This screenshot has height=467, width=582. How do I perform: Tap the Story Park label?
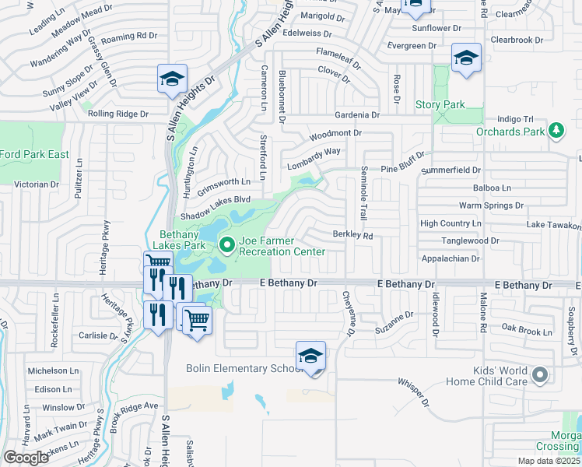pyautogui.click(x=440, y=105)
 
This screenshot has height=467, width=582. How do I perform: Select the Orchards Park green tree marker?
pyautogui.click(x=556, y=130)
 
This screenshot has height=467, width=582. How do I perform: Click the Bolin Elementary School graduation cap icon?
pyautogui.click(x=310, y=356)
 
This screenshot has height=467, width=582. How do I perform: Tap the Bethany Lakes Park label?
pyautogui.click(x=183, y=239)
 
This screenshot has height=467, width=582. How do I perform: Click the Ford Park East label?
pyautogui.click(x=34, y=154)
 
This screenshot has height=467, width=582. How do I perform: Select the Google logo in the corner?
pyautogui.click(x=26, y=458)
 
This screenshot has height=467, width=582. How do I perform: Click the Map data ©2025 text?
pyautogui.click(x=548, y=461)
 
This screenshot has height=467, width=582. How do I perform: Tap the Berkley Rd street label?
pyautogui.click(x=353, y=234)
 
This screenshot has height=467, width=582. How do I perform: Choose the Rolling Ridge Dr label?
pyautogui.click(x=117, y=114)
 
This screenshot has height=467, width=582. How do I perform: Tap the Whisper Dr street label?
pyautogui.click(x=413, y=392)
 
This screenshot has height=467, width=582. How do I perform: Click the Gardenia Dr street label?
pyautogui.click(x=357, y=115)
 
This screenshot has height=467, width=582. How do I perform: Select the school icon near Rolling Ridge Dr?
pyautogui.click(x=172, y=79)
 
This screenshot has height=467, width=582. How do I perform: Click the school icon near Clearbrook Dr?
pyautogui.click(x=466, y=58)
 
